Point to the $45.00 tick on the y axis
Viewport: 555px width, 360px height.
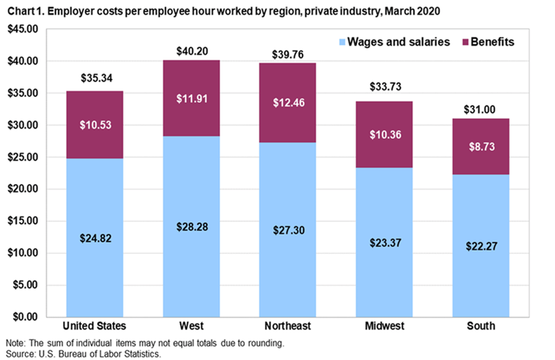pyautogui.click(x=21, y=29)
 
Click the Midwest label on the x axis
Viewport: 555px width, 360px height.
pyautogui.click(x=384, y=326)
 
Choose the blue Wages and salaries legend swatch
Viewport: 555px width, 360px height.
pyautogui.click(x=341, y=42)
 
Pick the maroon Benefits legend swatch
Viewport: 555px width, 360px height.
pyautogui.click(x=465, y=42)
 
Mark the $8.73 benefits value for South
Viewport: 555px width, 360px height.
pyautogui.click(x=481, y=146)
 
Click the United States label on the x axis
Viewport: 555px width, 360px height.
pyautogui.click(x=95, y=326)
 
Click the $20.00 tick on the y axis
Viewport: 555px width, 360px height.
pyautogui.click(x=21, y=189)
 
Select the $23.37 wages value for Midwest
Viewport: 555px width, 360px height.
pyautogui.click(x=384, y=243)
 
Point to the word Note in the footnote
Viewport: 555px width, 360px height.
pyautogui.click(x=15, y=343)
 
